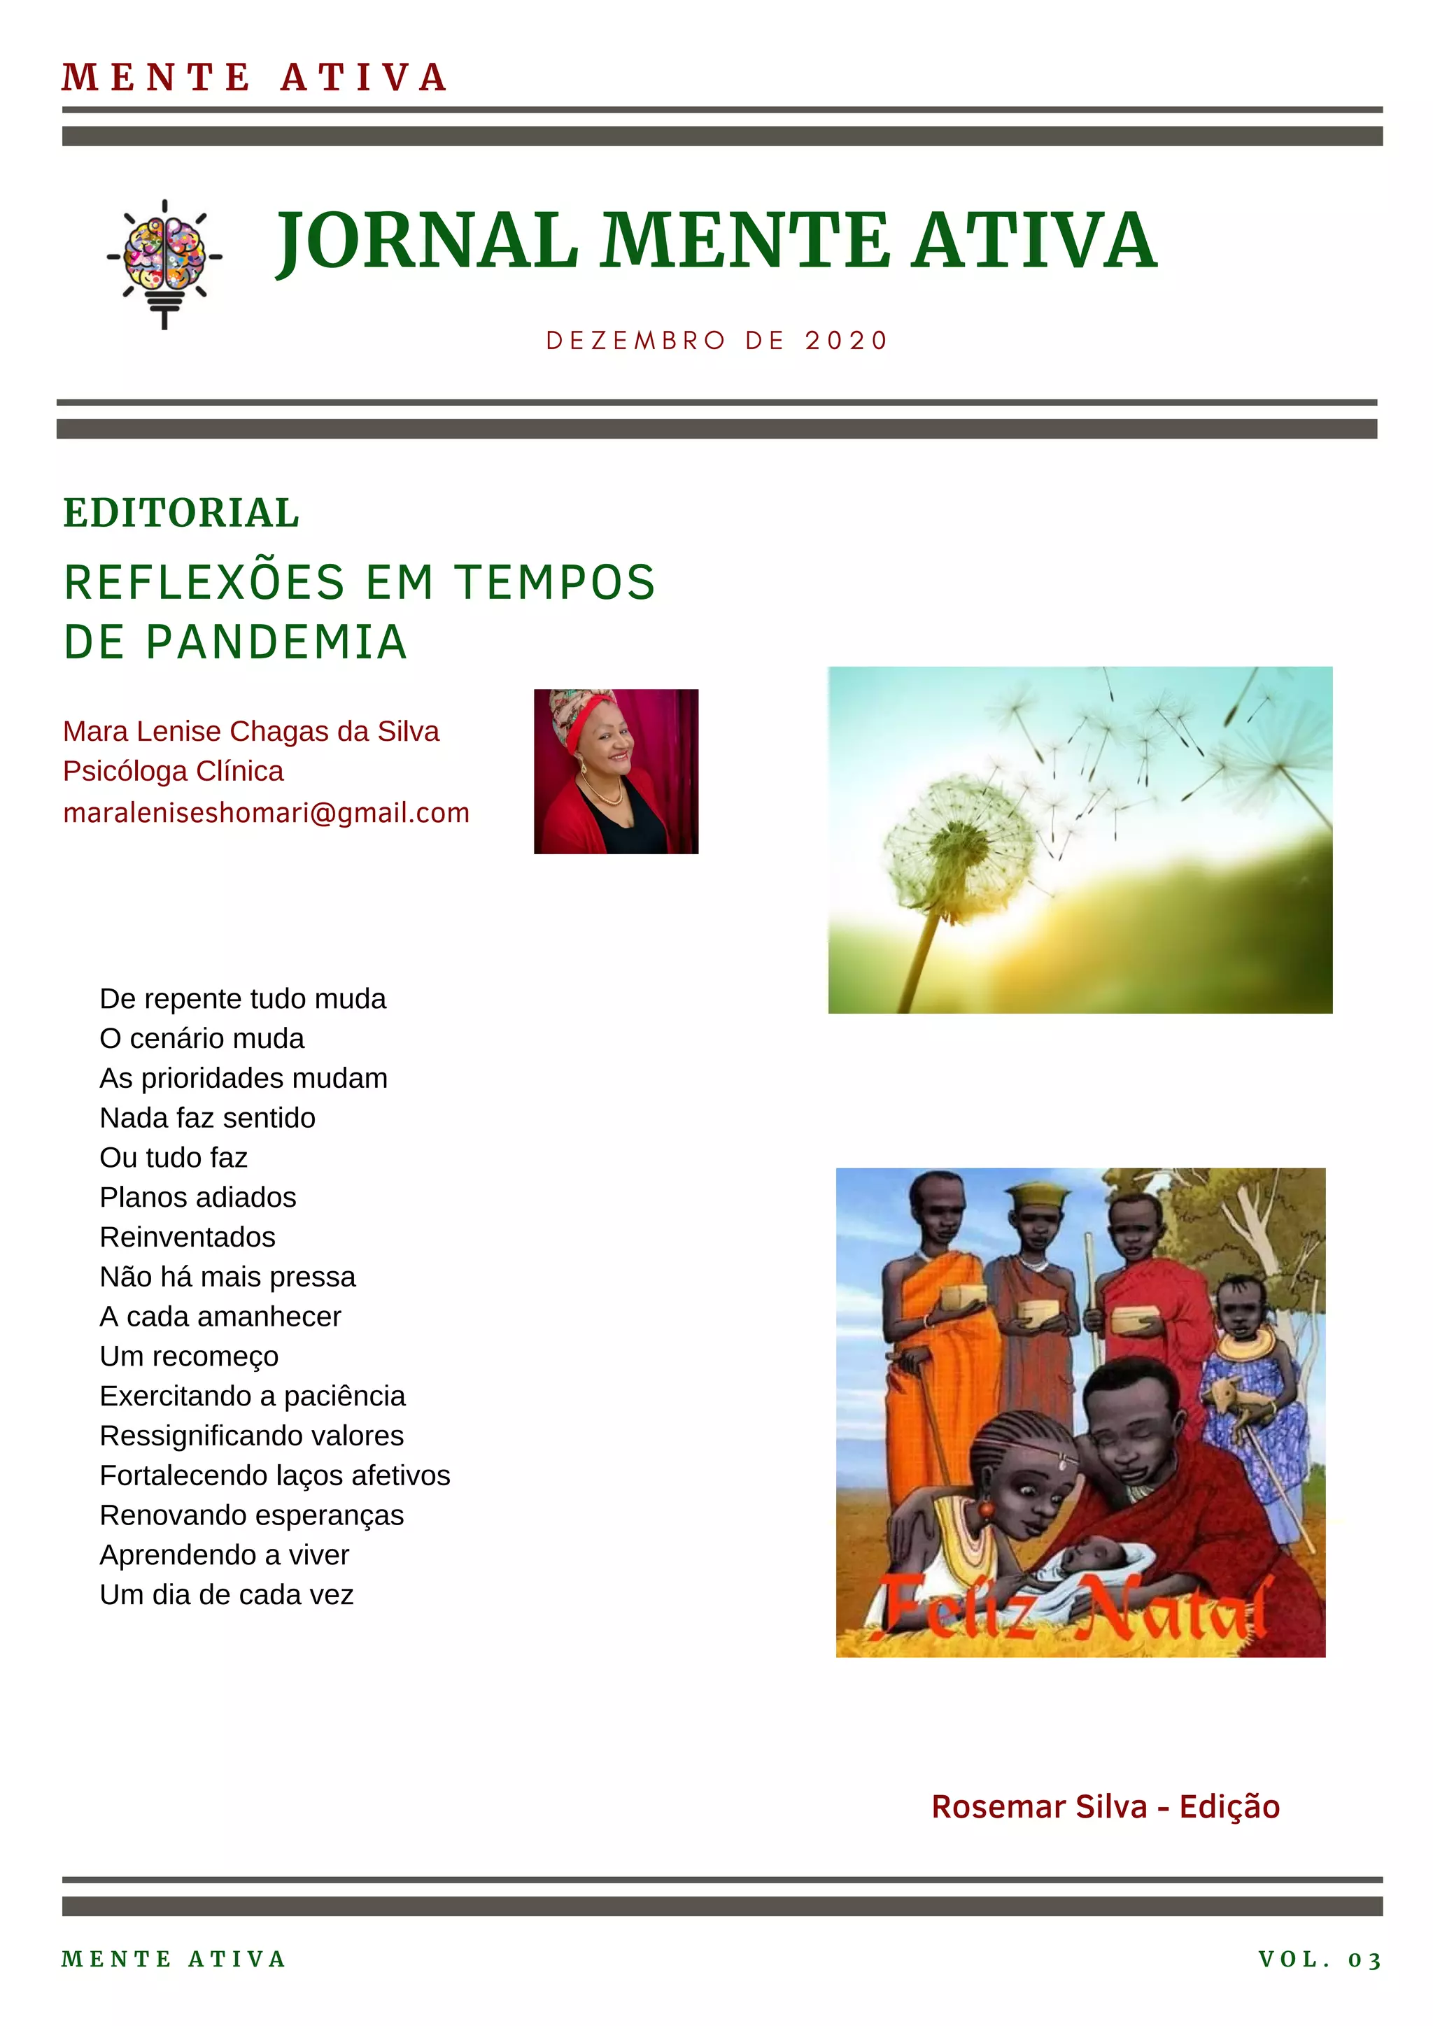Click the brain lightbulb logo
point(165,262)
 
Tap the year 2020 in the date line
point(845,341)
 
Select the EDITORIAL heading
point(182,513)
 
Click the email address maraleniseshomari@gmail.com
point(267,813)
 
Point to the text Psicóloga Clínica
point(174,771)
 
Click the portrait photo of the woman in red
point(616,771)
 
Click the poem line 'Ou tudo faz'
point(174,1157)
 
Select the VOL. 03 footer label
point(1319,1960)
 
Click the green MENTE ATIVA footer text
point(174,1960)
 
